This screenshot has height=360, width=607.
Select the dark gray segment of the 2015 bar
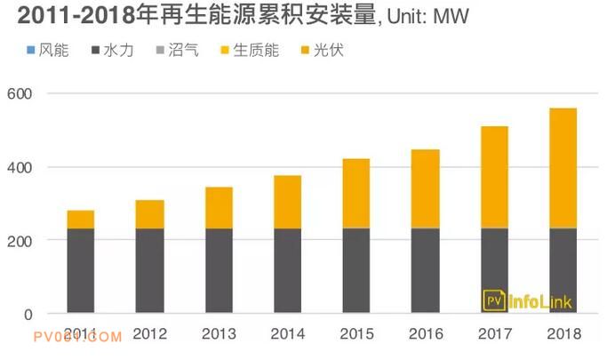point(356,271)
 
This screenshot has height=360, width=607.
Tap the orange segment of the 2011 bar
point(81,219)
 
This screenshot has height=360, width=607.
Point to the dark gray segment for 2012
point(149,271)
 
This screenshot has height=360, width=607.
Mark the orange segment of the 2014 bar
point(287,202)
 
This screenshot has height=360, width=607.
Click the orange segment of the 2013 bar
point(219,207)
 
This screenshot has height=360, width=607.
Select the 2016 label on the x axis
point(425,335)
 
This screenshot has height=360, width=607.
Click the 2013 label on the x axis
point(219,335)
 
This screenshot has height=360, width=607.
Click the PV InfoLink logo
point(528,301)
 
